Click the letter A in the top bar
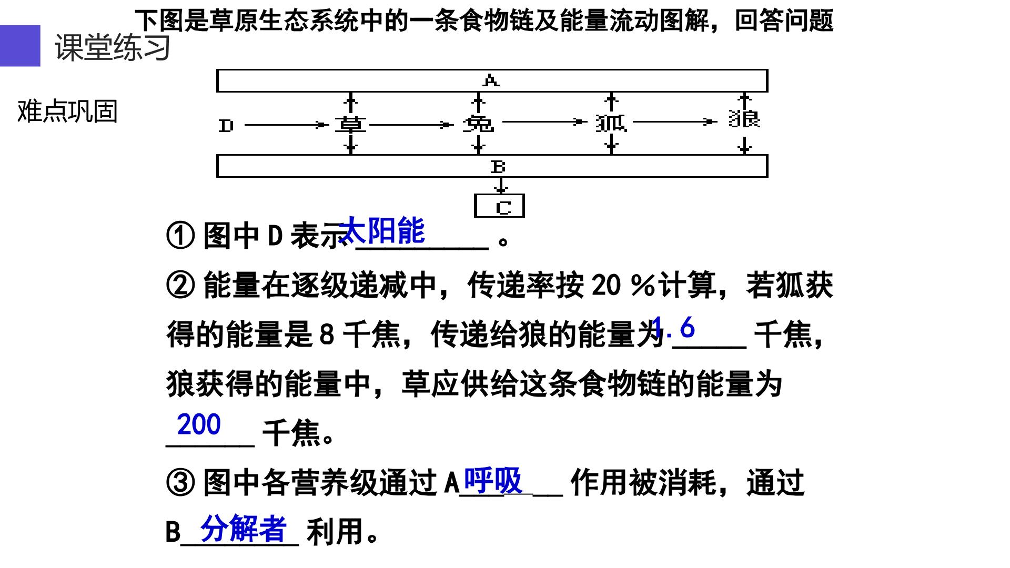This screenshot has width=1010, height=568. tap(491, 80)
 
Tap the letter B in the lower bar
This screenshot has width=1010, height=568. tap(498, 167)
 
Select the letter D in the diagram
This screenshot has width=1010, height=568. tap(226, 126)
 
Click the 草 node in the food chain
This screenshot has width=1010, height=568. tap(350, 125)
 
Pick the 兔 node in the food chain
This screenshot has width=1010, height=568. tap(478, 124)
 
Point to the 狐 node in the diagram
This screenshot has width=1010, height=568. tap(611, 123)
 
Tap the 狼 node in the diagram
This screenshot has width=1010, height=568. tap(744, 118)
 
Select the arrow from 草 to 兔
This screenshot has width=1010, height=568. tap(411, 125)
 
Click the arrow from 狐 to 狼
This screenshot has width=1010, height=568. tap(675, 122)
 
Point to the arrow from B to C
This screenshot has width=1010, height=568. tap(501, 186)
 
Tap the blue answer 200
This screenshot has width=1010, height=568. tap(199, 424)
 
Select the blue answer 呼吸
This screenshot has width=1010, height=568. tap(493, 480)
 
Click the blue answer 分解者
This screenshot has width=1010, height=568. tap(244, 528)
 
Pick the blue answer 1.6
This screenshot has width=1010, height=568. tap(673, 328)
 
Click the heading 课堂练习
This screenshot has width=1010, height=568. tap(113, 47)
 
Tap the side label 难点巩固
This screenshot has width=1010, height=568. tap(67, 111)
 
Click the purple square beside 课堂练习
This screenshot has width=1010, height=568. tap(20, 46)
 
